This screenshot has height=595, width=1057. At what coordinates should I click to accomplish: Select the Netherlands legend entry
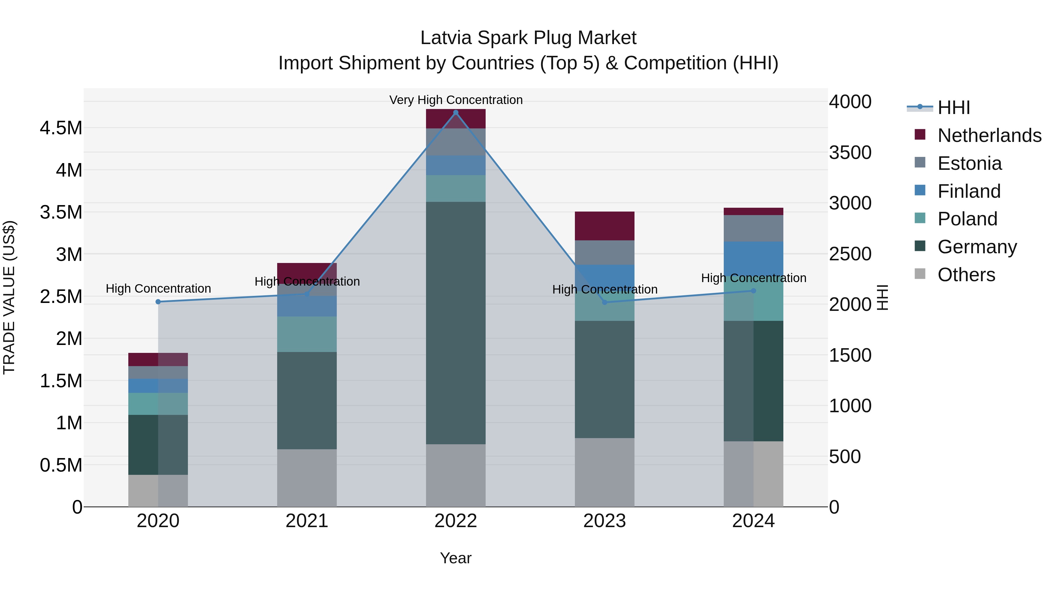click(989, 135)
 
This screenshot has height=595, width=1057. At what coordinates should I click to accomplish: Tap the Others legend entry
click(966, 274)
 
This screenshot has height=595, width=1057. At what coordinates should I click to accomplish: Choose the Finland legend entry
click(969, 191)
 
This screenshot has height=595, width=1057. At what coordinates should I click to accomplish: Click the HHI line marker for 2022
click(455, 113)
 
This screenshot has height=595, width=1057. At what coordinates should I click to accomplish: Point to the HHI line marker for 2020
click(158, 302)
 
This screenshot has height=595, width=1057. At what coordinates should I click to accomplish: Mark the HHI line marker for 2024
click(753, 291)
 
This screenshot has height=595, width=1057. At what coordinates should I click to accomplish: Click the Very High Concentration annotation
click(455, 100)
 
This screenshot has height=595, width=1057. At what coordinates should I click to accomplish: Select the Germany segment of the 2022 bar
click(455, 322)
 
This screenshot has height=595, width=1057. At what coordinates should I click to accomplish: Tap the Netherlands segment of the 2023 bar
click(605, 226)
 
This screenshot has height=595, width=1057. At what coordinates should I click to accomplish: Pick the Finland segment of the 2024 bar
click(753, 257)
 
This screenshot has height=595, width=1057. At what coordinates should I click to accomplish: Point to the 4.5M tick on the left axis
click(61, 128)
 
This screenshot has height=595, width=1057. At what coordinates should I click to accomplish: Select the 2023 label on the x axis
click(605, 521)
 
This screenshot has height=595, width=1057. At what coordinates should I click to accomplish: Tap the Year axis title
click(455, 558)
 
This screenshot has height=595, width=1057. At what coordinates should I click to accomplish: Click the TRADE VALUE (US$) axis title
click(9, 297)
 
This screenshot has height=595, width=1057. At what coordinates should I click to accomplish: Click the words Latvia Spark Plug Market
click(528, 38)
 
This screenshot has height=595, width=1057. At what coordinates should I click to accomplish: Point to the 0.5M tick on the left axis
click(61, 465)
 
